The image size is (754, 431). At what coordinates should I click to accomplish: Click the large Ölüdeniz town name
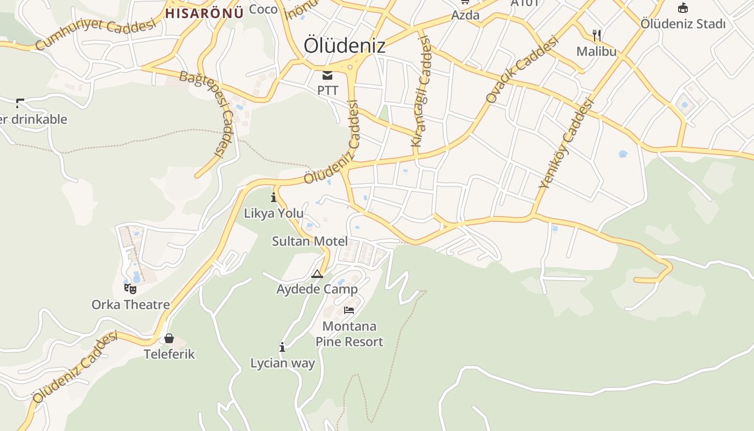coord(344,45)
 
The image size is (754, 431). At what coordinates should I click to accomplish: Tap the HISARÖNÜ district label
coord(204,13)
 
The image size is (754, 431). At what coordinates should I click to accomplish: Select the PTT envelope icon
coord(327,75)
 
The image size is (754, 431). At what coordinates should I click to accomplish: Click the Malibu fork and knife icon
coord(596,36)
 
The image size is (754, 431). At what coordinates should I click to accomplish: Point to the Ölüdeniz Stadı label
coord(683,24)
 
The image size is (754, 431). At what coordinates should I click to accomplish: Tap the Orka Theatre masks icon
coord(130,289)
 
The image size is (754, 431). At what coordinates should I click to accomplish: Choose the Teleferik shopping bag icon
coord(169,338)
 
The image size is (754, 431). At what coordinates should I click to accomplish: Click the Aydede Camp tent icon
coord(317,274)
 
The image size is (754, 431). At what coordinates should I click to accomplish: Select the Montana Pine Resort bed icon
coord(349,310)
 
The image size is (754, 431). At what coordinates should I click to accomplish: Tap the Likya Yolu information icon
coord(274,197)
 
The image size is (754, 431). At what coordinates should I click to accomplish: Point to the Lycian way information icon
coord(282,347)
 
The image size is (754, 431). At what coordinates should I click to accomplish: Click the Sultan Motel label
coord(310,241)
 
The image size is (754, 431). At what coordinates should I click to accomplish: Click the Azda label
coord(465,15)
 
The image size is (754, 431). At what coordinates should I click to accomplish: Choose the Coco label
coord(263,9)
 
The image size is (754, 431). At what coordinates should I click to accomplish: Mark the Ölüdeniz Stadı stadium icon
coord(683,8)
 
